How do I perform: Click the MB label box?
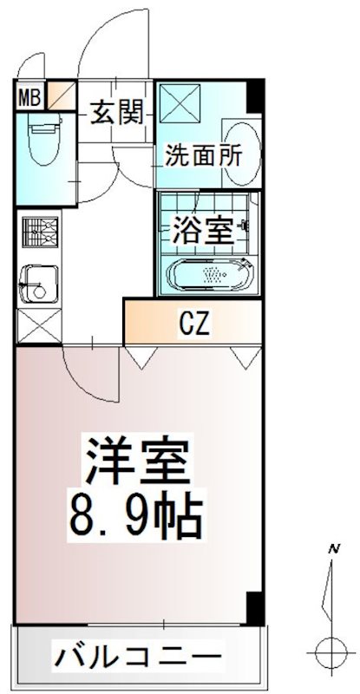[x=29, y=95]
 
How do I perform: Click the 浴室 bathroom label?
[x=202, y=231]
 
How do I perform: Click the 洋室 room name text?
[x=136, y=464]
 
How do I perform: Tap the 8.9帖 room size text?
[x=136, y=519]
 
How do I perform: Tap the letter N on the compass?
[x=332, y=548]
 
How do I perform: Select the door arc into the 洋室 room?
[x=87, y=369]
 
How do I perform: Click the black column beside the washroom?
[x=254, y=95]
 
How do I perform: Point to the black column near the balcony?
[x=254, y=608]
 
